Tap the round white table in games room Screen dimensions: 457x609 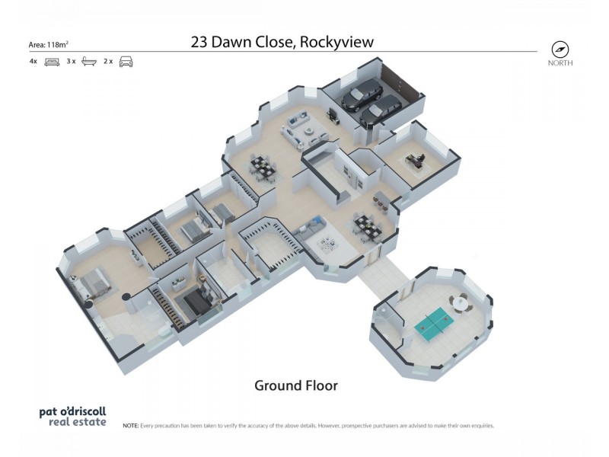coord(459,303)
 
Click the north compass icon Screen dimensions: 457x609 coord(560,49)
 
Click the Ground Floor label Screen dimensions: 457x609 coord(295,385)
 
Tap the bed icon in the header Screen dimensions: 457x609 coord(52,62)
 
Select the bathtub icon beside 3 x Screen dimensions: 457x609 coord(89,62)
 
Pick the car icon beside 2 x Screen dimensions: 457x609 coord(126,62)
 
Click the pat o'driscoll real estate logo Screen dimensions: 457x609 coord(72,416)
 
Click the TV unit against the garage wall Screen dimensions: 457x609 coord(333,117)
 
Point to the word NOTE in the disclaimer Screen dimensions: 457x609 coord(130,426)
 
